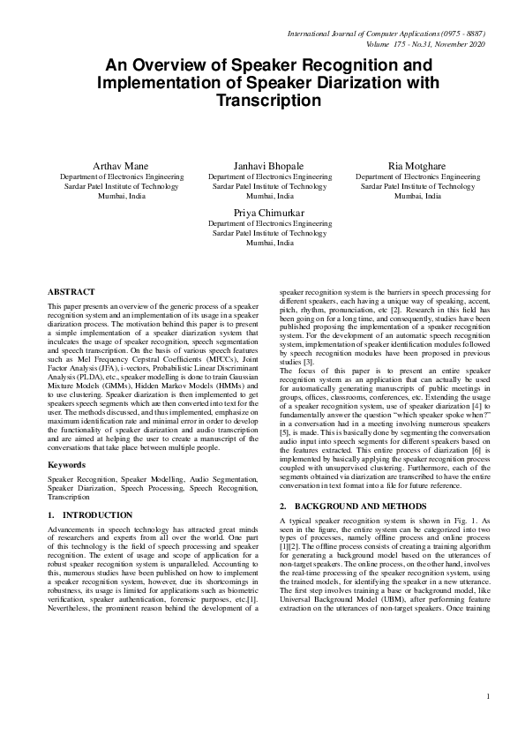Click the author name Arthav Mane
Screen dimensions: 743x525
tap(121, 166)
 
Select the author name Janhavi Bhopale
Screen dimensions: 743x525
tap(269, 166)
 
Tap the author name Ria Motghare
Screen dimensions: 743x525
tap(417, 166)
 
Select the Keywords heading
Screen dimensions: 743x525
tap(66, 462)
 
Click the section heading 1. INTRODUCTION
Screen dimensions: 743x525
tap(90, 514)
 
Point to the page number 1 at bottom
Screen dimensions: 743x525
tap(487, 721)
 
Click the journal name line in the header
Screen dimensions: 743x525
tap(387, 34)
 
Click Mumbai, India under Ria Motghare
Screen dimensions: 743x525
tap(417, 196)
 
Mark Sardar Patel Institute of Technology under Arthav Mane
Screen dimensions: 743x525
tap(121, 186)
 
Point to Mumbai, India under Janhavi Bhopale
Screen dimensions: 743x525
tap(269, 196)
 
